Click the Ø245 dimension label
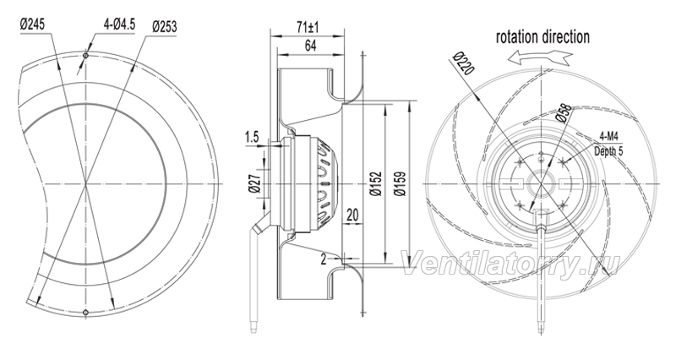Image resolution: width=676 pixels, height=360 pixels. pos(32,24)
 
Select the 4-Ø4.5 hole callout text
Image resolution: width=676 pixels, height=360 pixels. pos(119,25)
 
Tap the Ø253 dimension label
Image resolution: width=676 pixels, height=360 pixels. pos(164,27)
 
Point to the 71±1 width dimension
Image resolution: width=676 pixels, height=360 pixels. pos(308,28)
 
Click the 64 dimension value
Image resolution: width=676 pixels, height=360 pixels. pos(310,46)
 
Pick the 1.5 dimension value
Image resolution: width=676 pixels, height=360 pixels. pos(252,138)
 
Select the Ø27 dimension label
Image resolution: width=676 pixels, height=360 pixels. pos(254,184)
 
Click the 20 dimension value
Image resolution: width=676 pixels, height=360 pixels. pos(352,215)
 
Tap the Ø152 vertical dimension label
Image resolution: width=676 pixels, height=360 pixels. pos(376,183)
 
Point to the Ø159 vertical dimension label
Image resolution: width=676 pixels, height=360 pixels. pos(400,183)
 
